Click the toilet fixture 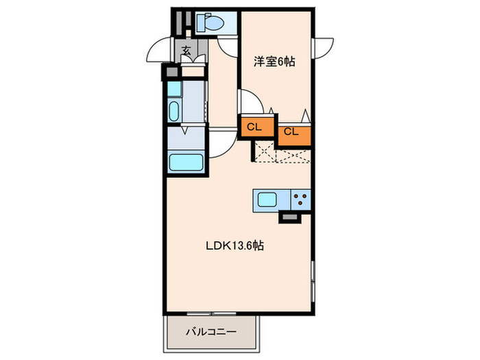click(x=208, y=23)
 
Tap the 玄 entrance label click(x=186, y=51)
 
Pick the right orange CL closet click(x=291, y=132)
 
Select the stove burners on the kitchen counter click(x=300, y=200)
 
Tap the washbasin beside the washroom click(x=174, y=110)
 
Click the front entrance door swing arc click(x=160, y=52)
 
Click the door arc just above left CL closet click(x=250, y=104)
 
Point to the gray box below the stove click(x=289, y=218)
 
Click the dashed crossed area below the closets click(x=281, y=154)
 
